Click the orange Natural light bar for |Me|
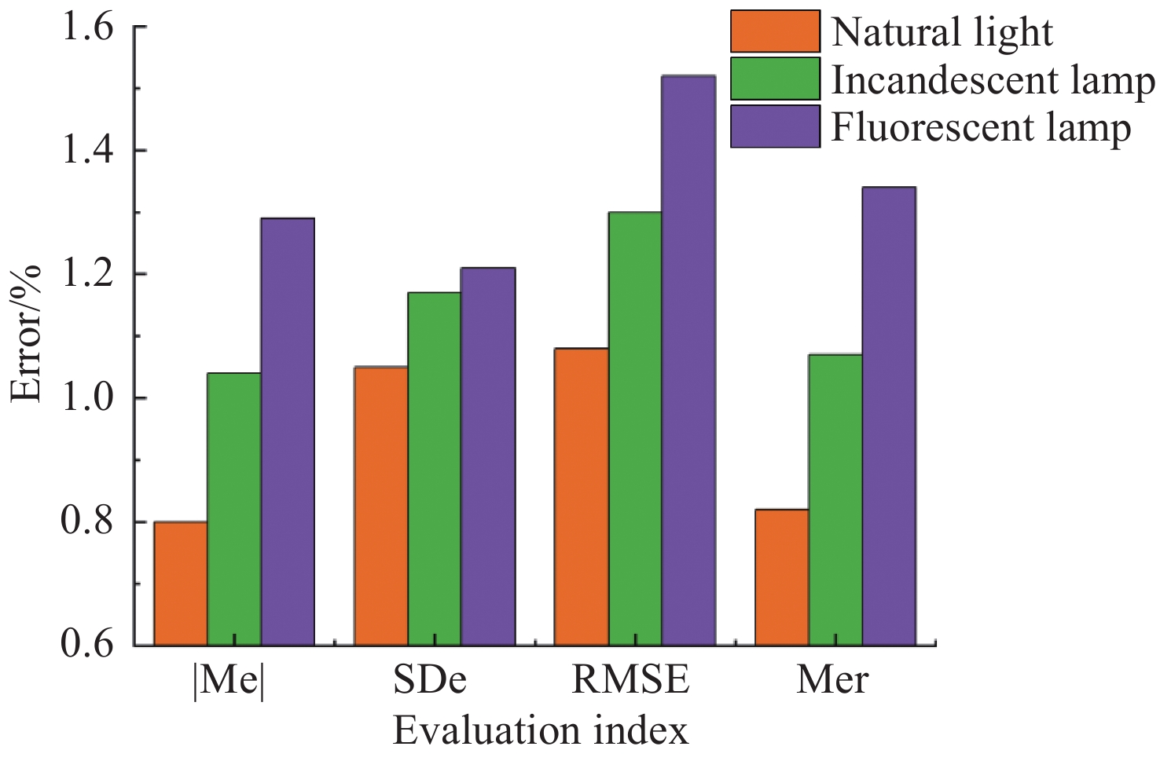click(x=181, y=584)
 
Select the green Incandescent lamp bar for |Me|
click(x=234, y=509)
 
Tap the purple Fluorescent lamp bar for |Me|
click(x=288, y=432)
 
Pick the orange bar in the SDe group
click(x=381, y=506)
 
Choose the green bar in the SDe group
click(x=435, y=469)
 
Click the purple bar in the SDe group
click(x=488, y=456)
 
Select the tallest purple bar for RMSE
click(x=688, y=360)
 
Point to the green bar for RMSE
click(x=635, y=429)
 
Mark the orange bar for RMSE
click(x=582, y=496)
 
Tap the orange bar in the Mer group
click(x=782, y=577)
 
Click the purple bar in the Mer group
click(x=889, y=416)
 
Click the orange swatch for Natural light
click(x=775, y=31)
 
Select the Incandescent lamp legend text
click(x=993, y=79)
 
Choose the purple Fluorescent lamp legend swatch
click(x=775, y=126)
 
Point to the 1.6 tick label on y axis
click(x=87, y=28)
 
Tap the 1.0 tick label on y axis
click(x=87, y=399)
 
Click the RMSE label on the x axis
click(x=630, y=680)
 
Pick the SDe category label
click(x=430, y=680)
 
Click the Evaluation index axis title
click(x=541, y=731)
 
